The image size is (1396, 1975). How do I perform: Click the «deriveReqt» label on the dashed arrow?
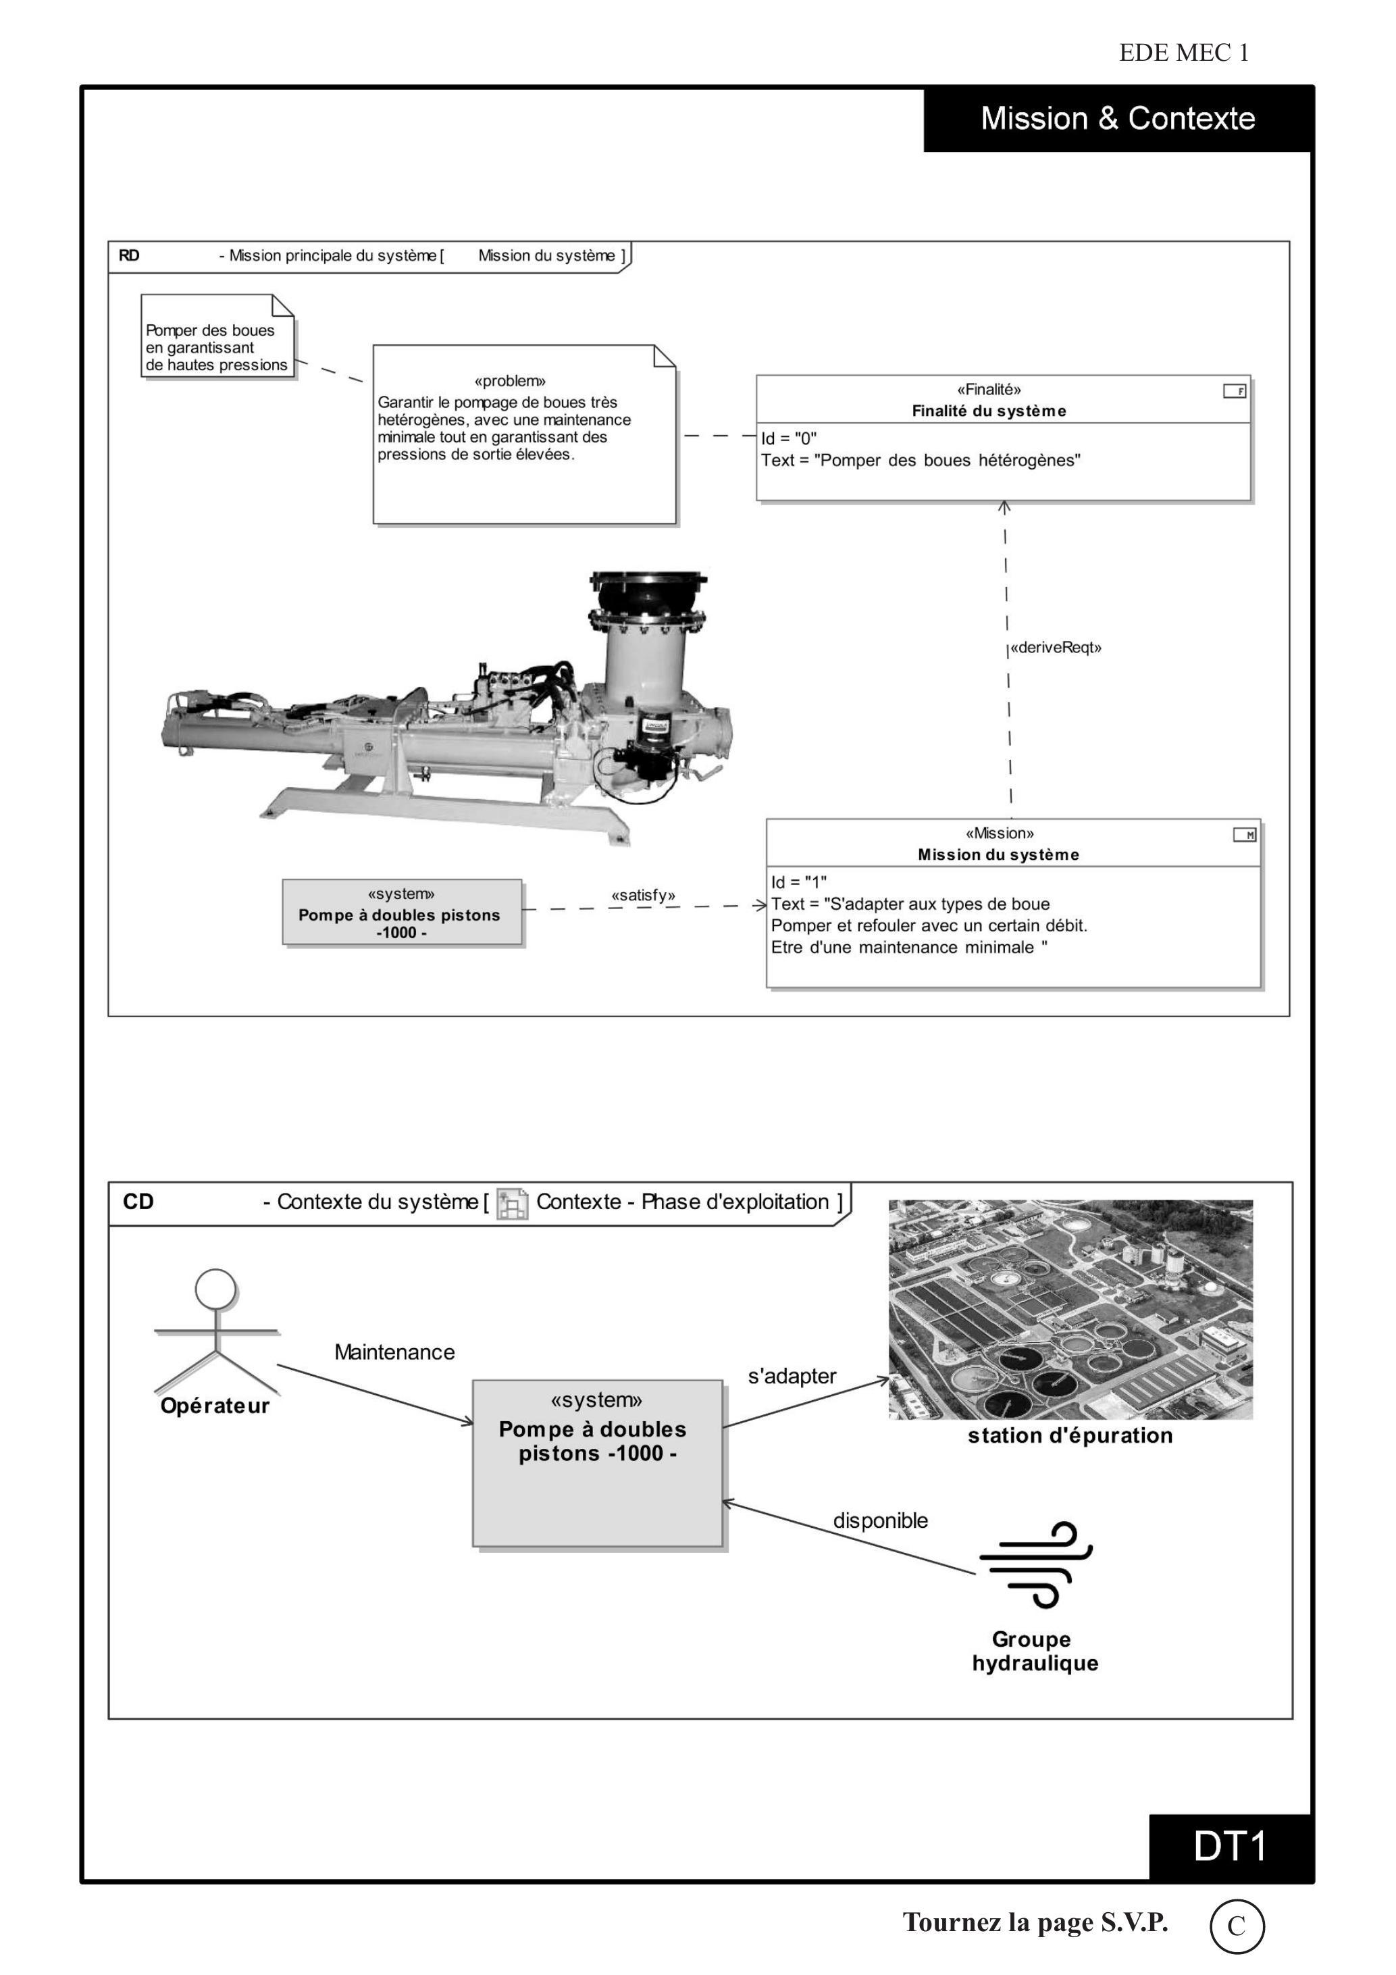point(1056,648)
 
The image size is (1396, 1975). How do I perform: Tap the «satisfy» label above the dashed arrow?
point(644,896)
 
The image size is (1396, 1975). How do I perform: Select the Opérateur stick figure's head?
point(216,1289)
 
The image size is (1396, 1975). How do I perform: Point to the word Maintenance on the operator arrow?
point(395,1352)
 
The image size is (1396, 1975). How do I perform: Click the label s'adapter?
point(792,1377)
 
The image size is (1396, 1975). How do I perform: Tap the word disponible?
point(880,1521)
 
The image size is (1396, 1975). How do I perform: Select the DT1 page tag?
point(1230,1847)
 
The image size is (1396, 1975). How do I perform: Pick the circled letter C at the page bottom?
point(1237,1927)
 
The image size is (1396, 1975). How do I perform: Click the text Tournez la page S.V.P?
point(1035,1922)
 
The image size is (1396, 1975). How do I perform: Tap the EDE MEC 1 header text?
point(1183,53)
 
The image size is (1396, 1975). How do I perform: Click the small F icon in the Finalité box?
point(1235,391)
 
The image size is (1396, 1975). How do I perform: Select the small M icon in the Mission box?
point(1245,834)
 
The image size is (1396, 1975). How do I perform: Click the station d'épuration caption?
point(1070,1436)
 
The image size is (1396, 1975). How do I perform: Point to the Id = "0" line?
point(789,438)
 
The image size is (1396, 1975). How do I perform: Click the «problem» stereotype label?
point(510,381)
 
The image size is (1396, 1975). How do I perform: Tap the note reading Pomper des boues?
point(217,336)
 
